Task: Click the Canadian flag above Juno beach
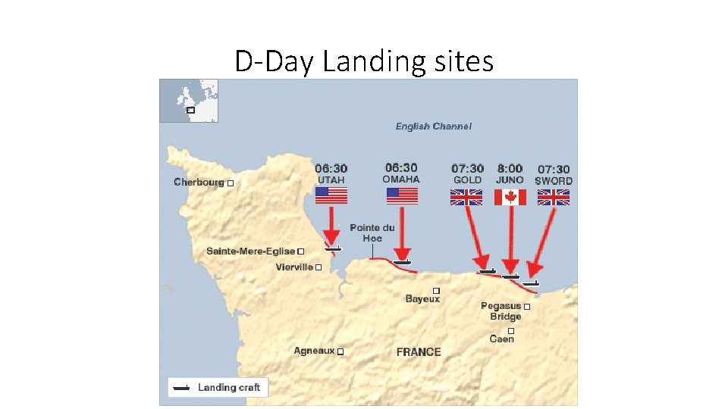[510, 197]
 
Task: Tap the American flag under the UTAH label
[331, 195]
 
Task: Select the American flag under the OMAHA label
[402, 195]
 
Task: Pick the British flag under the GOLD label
[466, 197]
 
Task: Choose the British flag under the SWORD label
[554, 197]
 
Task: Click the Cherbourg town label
[199, 182]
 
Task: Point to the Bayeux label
[422, 299]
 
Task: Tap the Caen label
[502, 339]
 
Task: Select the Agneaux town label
[314, 351]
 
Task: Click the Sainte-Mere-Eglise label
[250, 251]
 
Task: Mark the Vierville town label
[294, 267]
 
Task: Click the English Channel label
[433, 126]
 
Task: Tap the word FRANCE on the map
[419, 352]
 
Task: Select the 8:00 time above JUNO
[510, 168]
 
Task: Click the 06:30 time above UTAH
[331, 168]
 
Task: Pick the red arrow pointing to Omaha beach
[402, 235]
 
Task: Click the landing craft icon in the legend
[181, 388]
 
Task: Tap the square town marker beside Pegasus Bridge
[527, 308]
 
